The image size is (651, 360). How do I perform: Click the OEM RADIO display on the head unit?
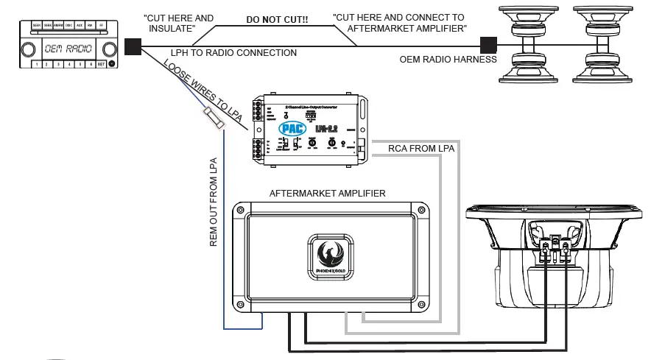point(67,48)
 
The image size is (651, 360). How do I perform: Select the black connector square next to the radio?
point(133,47)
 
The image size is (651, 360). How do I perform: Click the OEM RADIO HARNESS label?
point(448,59)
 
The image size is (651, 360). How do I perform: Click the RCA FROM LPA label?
point(421,149)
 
